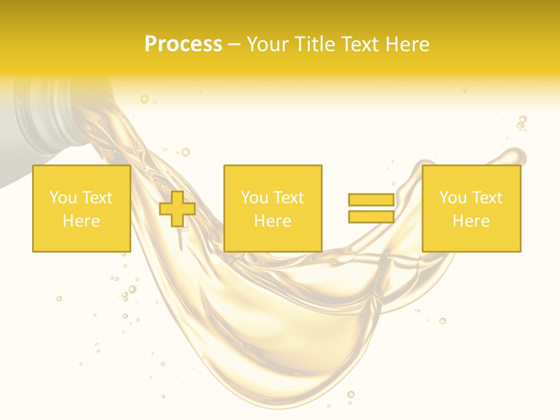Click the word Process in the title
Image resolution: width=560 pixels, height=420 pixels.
183,44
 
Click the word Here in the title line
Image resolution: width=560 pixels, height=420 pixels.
407,44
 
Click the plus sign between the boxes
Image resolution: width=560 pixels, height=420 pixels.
177,209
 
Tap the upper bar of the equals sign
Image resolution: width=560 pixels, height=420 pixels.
371,200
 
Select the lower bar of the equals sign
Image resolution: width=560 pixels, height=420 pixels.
371,216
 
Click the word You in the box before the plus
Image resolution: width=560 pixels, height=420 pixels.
63,198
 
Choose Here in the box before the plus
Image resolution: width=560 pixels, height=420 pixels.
81,221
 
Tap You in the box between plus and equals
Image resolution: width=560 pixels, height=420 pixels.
254,198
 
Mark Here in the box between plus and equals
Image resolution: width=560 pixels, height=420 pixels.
272,221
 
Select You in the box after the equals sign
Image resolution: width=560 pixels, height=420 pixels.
453,198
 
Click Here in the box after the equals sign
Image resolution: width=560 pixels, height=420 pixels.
471,221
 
